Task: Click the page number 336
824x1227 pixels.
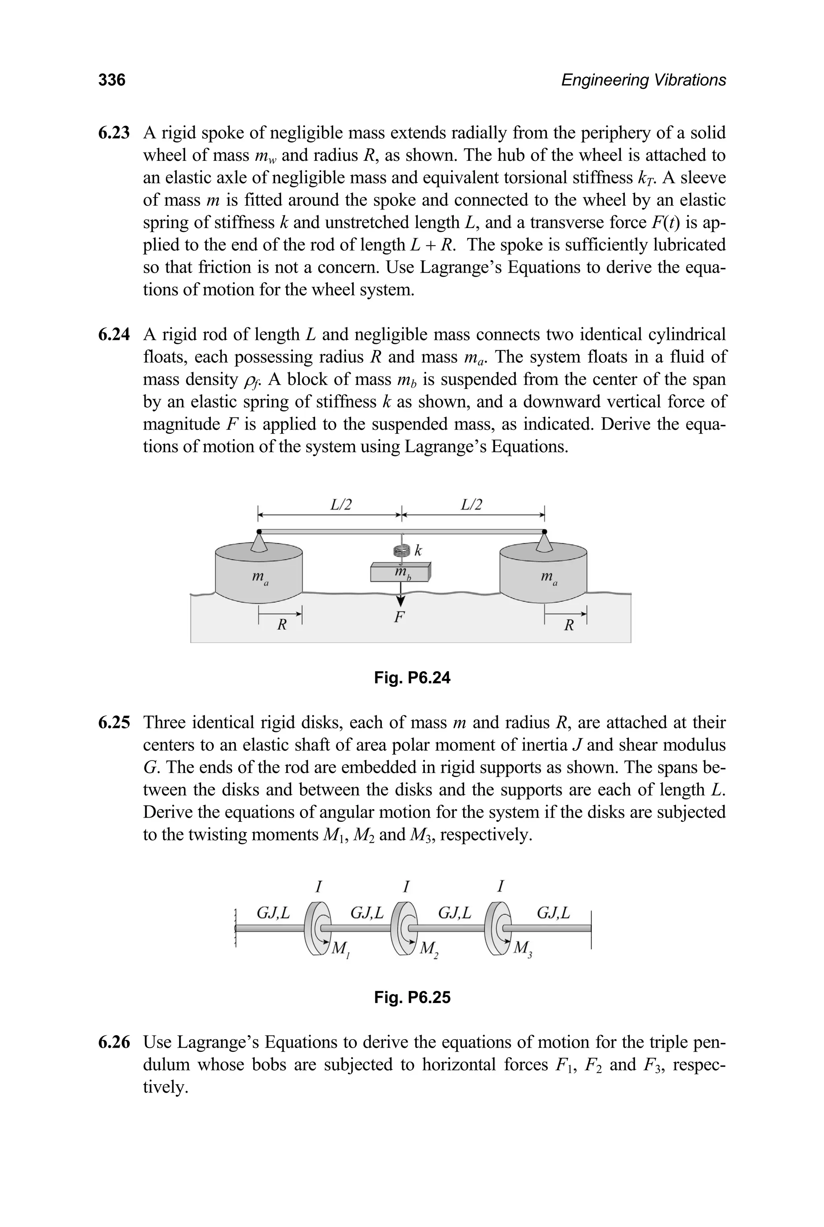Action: point(112,80)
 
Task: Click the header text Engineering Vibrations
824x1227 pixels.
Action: point(643,80)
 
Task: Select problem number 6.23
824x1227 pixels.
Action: point(114,133)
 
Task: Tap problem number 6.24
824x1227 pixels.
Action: point(114,335)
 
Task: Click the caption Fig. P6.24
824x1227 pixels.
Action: point(412,678)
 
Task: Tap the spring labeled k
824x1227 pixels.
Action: point(402,551)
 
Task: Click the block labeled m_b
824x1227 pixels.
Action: point(400,573)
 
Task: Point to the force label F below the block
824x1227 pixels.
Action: point(400,617)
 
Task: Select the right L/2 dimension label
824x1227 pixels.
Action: point(472,505)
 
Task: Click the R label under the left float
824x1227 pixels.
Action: point(282,625)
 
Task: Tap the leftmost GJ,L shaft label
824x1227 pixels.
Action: point(273,913)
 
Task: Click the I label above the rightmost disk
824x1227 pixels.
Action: point(501,887)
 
